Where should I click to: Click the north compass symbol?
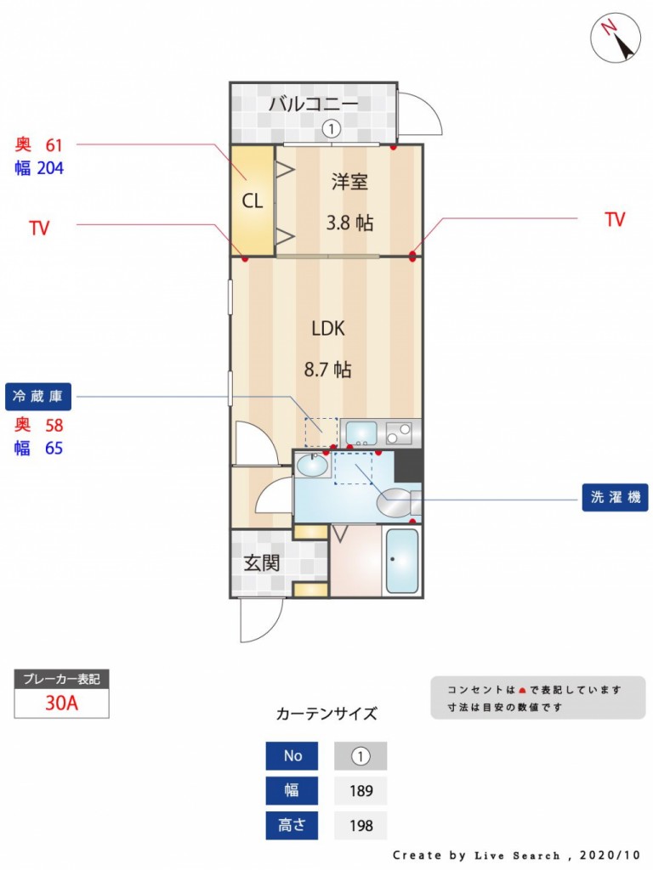pyautogui.click(x=616, y=37)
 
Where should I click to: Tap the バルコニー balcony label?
pyautogui.click(x=314, y=104)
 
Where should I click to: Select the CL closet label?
pyautogui.click(x=252, y=201)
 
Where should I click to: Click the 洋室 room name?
pyautogui.click(x=349, y=182)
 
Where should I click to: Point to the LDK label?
pyautogui.click(x=328, y=329)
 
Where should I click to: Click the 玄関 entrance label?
pyautogui.click(x=262, y=563)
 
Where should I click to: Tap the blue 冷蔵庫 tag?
pyautogui.click(x=38, y=396)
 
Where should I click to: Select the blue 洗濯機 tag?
pyautogui.click(x=616, y=497)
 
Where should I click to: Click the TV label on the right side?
pyautogui.click(x=616, y=219)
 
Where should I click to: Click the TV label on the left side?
pyautogui.click(x=39, y=228)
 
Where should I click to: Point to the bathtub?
pyautogui.click(x=401, y=561)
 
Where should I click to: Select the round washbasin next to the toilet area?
pyautogui.click(x=312, y=465)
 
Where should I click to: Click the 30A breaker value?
pyautogui.click(x=61, y=703)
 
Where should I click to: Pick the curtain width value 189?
pyautogui.click(x=361, y=791)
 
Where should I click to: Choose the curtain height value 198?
pyautogui.click(x=361, y=826)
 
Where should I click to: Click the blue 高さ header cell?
pyautogui.click(x=292, y=825)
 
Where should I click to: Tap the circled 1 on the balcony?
pyautogui.click(x=332, y=129)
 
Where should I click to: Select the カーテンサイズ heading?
pyautogui.click(x=326, y=714)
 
